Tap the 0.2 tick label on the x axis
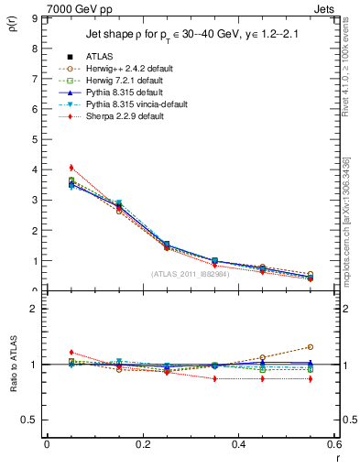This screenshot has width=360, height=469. [142, 443]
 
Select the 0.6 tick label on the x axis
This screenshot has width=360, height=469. [334, 443]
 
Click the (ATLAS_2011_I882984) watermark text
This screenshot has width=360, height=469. [190, 274]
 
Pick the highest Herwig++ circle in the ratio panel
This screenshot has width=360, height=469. [311, 347]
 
